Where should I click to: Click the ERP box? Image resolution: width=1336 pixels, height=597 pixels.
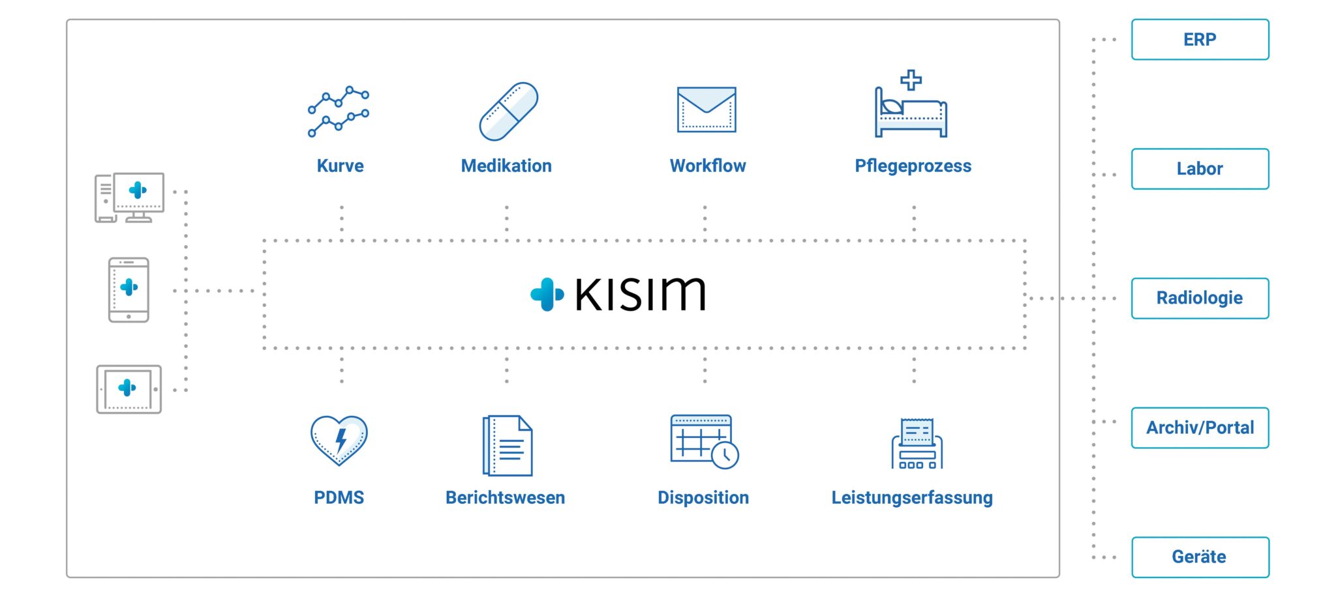(1200, 40)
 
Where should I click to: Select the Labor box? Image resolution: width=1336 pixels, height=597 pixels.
(1200, 169)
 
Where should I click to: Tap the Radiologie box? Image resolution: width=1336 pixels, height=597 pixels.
(1200, 298)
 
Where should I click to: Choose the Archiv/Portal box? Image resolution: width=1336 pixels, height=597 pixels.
(1200, 428)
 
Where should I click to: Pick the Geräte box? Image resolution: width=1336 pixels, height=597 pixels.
(1200, 557)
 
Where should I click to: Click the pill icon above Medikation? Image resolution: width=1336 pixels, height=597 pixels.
(508, 111)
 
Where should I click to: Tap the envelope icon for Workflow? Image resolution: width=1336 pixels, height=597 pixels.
(706, 109)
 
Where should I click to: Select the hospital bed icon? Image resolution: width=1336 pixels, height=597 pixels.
(911, 108)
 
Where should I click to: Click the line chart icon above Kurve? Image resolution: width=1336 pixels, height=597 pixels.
(339, 111)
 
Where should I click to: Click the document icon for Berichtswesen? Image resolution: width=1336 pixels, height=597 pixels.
(508, 446)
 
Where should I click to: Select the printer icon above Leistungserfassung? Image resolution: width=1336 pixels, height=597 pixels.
(917, 444)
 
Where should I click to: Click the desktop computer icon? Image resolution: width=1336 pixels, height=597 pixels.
(130, 197)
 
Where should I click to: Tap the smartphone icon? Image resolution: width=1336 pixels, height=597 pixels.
(129, 290)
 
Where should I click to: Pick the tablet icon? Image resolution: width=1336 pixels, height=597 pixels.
(129, 389)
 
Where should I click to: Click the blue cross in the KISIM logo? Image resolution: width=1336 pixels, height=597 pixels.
(547, 295)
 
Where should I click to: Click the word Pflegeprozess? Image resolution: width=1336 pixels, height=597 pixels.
(913, 166)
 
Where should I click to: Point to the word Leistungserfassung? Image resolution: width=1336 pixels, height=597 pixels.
(911, 498)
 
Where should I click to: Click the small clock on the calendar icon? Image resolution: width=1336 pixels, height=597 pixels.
(725, 456)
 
